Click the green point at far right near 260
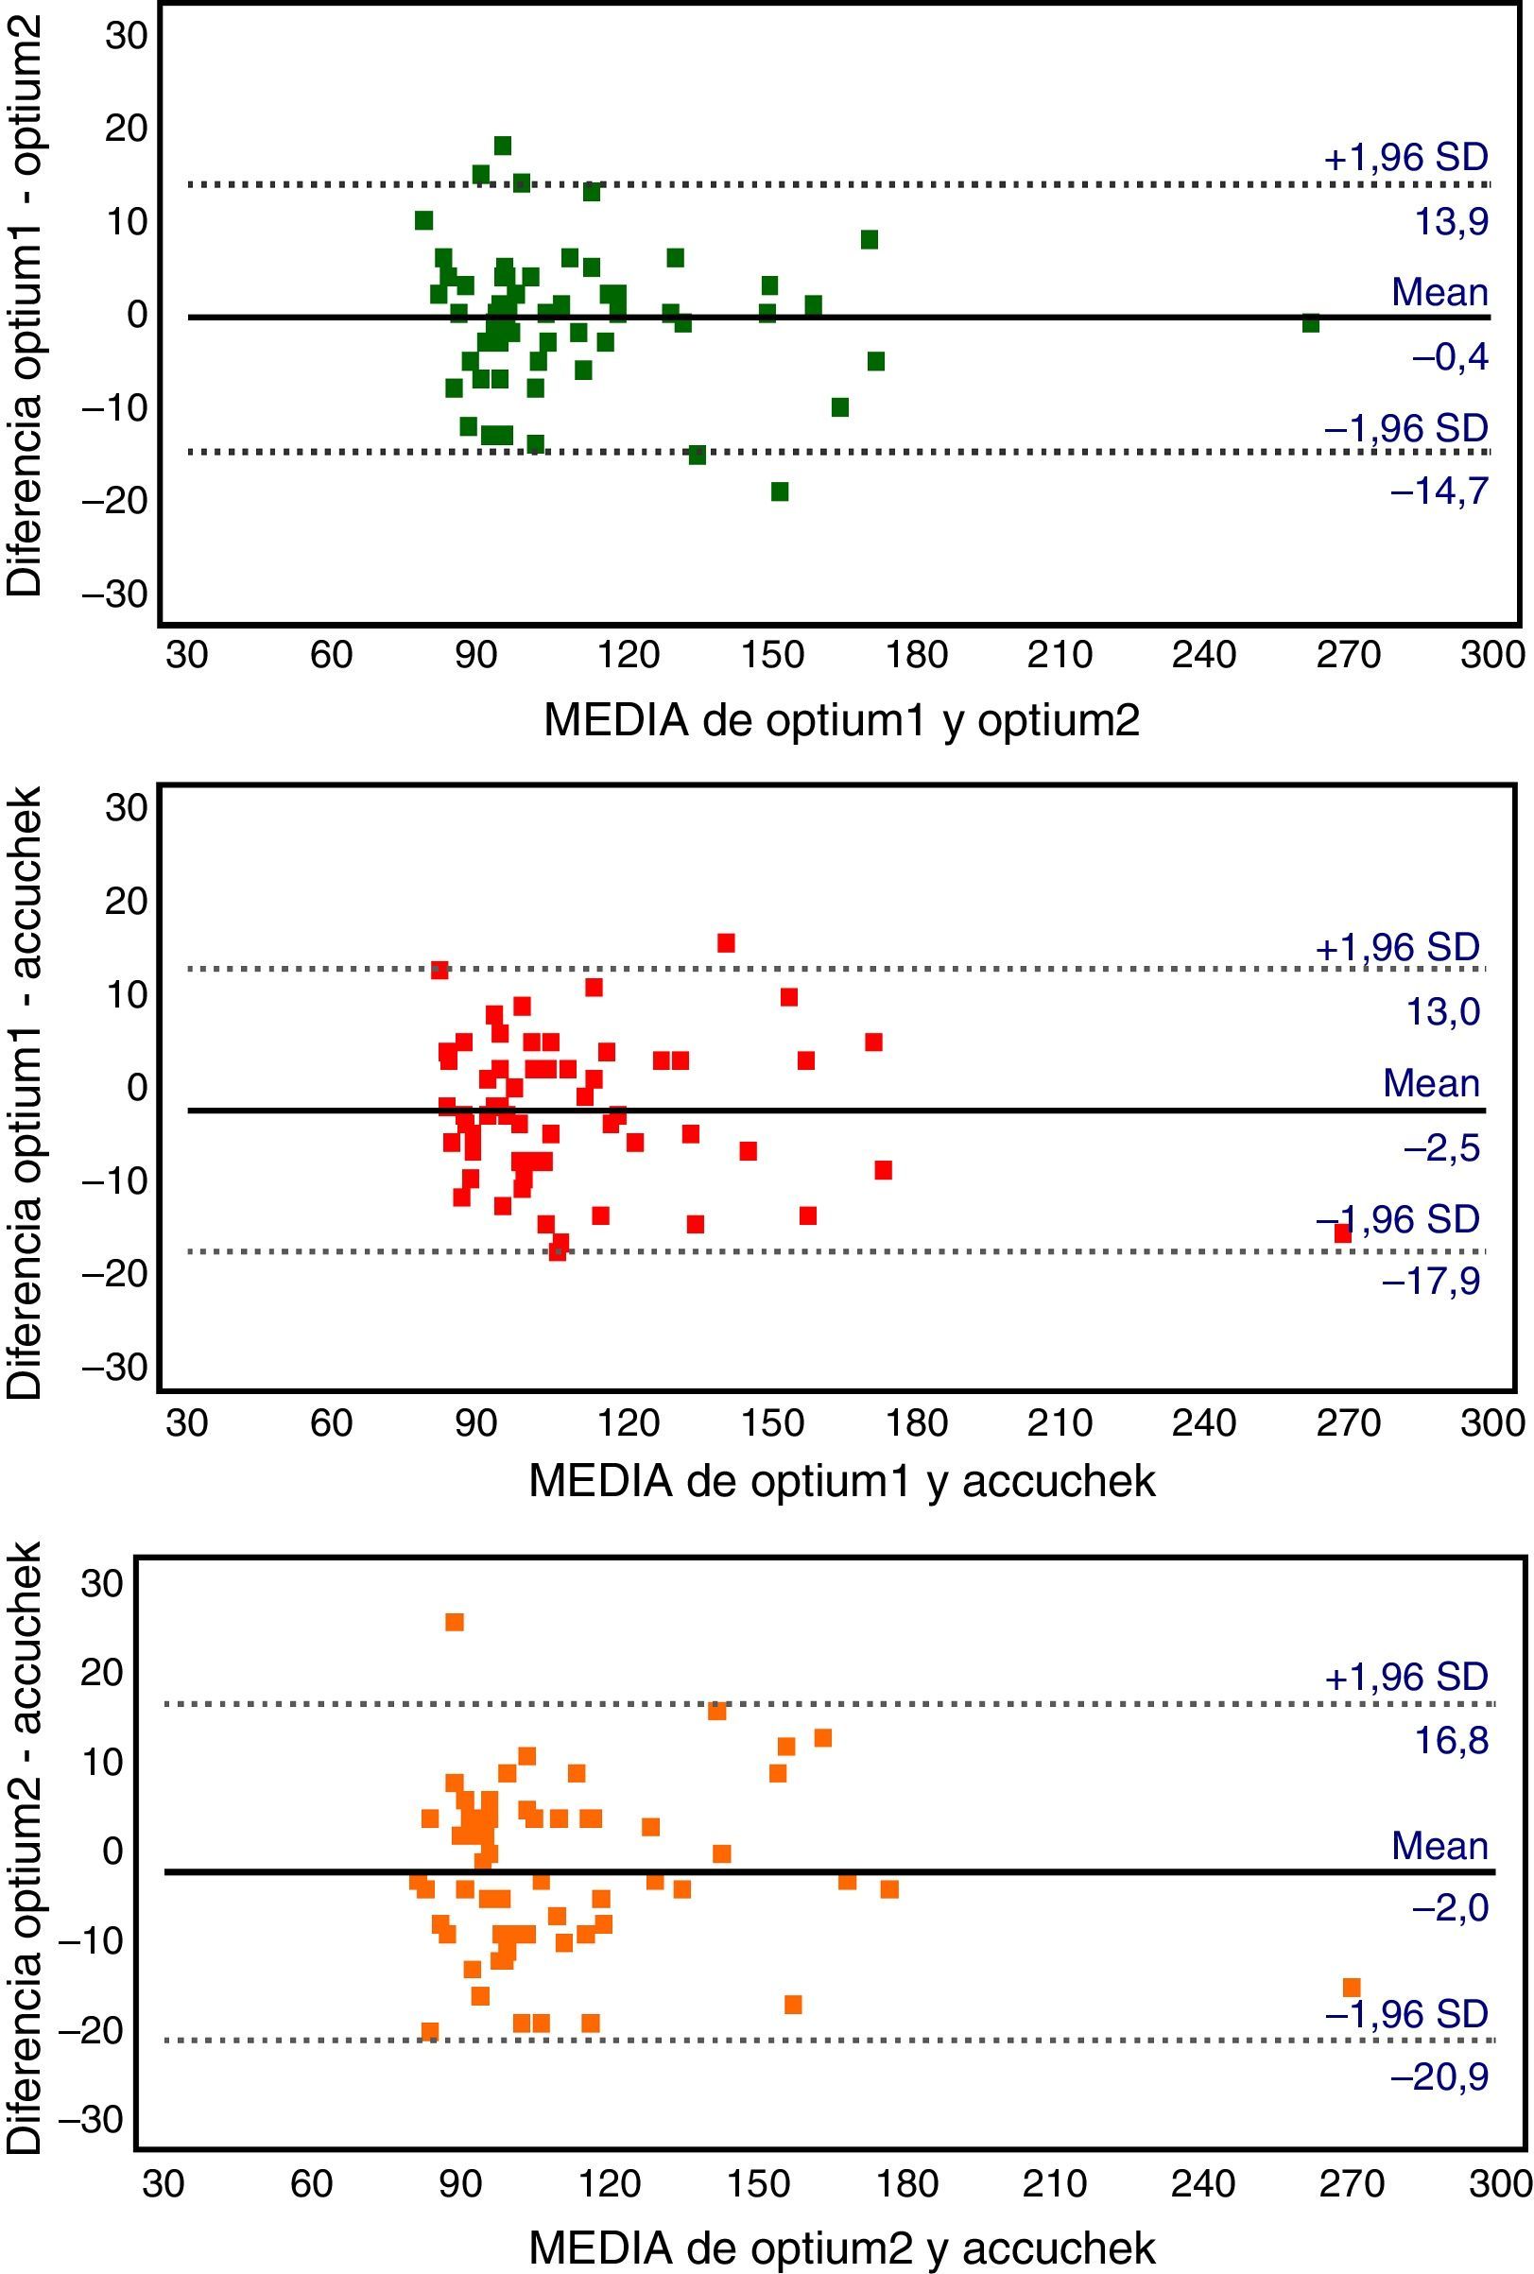(1310, 324)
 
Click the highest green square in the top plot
(503, 146)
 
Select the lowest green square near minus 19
(780, 491)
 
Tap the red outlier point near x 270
(1342, 1233)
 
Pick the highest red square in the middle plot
(726, 943)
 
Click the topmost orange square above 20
(454, 1622)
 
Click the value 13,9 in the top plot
(1452, 223)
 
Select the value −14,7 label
(1439, 491)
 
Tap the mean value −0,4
(1450, 358)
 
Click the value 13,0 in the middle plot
(1443, 1012)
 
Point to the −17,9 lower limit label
(1431, 1282)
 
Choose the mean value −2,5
(1442, 1148)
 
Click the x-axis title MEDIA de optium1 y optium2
(841, 721)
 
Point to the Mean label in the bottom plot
(1439, 1846)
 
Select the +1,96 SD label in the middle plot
(1397, 947)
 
